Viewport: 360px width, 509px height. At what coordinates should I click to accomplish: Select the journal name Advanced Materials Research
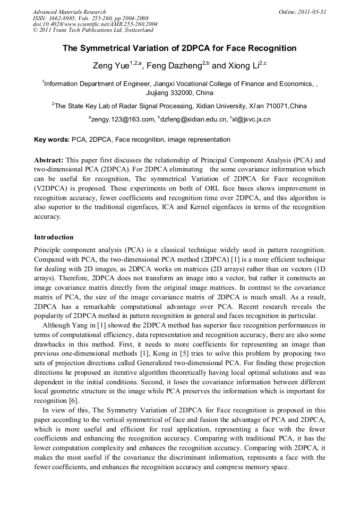point(70,12)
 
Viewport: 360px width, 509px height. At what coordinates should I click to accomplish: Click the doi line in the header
point(95,24)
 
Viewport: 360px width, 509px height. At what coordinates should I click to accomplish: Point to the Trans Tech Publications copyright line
point(85,31)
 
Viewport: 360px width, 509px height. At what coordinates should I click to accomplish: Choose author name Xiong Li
point(230,66)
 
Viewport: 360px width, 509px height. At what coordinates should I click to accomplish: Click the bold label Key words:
point(52,140)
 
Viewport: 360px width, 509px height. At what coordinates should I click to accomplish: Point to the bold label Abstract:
point(49,160)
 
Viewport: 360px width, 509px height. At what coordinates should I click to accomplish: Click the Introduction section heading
point(54,237)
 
